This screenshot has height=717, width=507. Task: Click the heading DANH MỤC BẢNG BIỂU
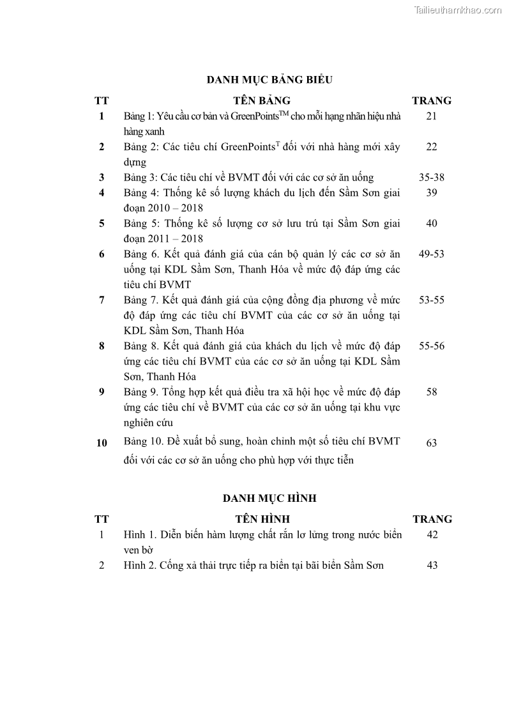click(270, 80)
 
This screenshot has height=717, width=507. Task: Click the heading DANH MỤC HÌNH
click(269, 498)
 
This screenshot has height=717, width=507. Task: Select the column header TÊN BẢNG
click(262, 100)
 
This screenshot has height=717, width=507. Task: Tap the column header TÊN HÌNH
click(262, 519)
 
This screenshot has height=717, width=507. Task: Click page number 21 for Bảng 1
click(432, 116)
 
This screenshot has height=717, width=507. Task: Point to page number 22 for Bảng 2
click(432, 147)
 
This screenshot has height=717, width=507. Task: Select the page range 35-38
click(432, 177)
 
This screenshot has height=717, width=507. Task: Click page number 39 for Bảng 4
click(432, 193)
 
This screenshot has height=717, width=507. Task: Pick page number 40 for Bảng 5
click(432, 223)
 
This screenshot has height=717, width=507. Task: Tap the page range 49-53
click(432, 254)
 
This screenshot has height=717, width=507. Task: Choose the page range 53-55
click(432, 300)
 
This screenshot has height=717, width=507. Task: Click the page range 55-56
click(432, 346)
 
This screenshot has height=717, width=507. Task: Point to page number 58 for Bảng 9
click(432, 392)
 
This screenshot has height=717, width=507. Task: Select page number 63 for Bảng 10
click(432, 442)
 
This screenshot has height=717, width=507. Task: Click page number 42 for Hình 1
click(432, 534)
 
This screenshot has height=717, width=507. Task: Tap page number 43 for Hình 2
click(432, 565)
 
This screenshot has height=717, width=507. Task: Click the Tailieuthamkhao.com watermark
click(458, 10)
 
